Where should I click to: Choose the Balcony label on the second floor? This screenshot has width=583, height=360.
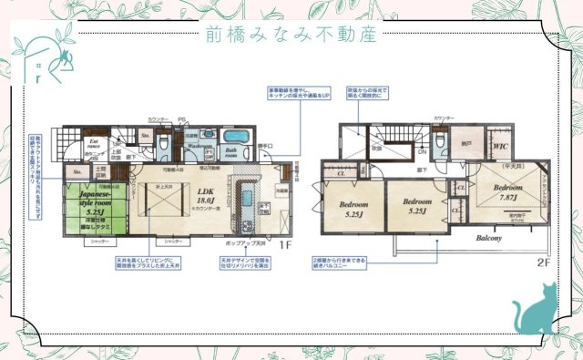coord(487,238)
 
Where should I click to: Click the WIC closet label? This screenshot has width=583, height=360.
coord(500,145)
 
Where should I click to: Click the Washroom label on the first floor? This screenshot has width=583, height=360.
coord(199,146)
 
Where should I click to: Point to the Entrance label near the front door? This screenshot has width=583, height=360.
coord(94,144)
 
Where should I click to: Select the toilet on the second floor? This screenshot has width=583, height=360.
coord(440,143)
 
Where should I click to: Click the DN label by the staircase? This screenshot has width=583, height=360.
coord(421,152)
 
